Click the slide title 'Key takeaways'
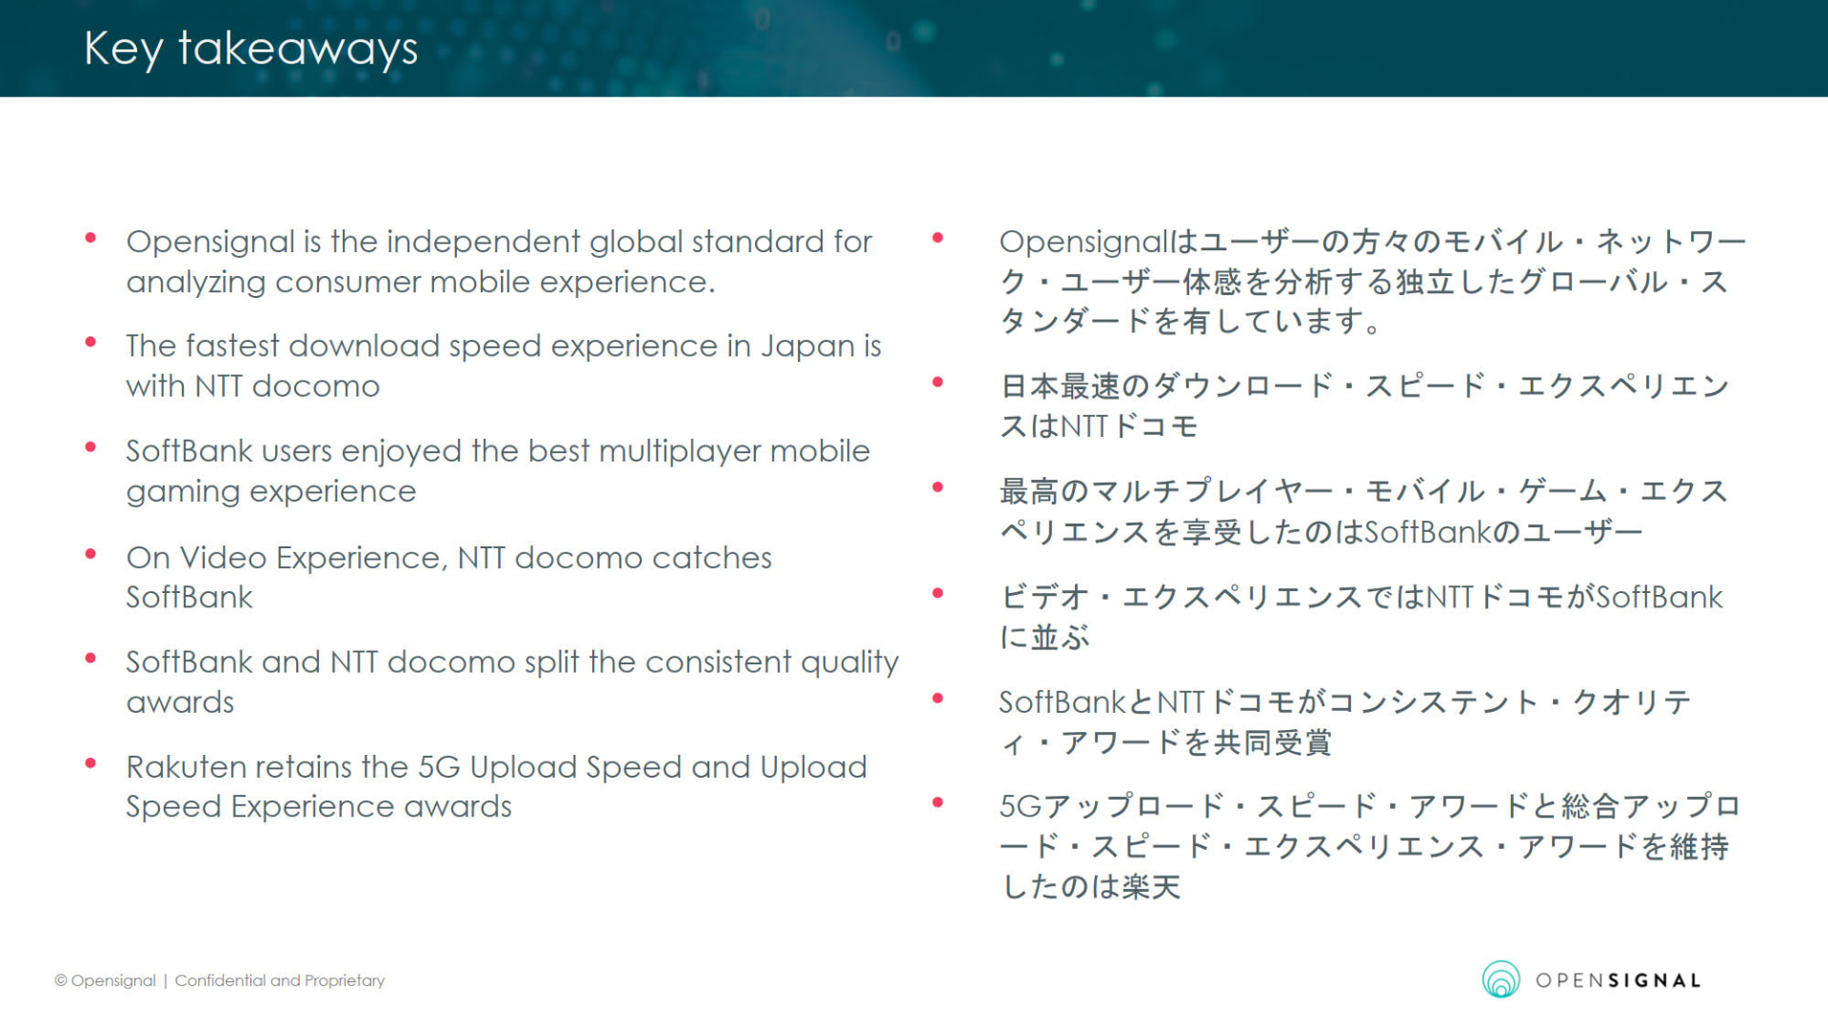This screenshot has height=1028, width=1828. (250, 49)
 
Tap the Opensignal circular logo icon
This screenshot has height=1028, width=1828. (1500, 979)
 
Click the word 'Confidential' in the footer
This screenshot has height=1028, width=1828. (220, 980)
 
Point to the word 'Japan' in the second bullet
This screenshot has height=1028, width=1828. (807, 347)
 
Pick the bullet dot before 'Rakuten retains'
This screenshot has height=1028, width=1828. (90, 763)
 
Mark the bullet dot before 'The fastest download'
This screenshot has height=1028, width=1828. (90, 342)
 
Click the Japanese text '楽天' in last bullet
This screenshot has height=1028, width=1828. (1151, 887)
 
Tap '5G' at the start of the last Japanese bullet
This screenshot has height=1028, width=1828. (1021, 807)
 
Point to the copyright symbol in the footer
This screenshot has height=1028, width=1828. (61, 980)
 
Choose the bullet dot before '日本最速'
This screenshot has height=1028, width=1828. (938, 383)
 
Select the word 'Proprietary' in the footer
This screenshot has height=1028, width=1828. (345, 980)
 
